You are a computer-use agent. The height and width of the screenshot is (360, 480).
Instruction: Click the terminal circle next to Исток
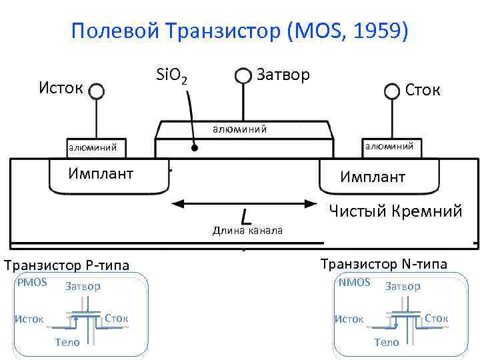point(97,91)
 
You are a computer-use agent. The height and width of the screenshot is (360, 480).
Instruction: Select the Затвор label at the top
point(283,74)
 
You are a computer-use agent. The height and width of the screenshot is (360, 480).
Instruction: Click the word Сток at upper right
point(423,89)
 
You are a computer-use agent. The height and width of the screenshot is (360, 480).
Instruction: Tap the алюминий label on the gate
point(239,129)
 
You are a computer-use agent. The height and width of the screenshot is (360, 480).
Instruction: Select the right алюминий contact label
point(388,145)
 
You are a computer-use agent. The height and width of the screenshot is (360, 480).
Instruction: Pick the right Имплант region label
point(373,177)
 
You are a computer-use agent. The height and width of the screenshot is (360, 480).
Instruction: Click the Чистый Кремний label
point(396,211)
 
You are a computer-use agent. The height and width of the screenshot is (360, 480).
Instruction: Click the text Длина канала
point(247,231)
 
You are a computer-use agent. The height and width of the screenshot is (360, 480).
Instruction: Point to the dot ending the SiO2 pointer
point(194,148)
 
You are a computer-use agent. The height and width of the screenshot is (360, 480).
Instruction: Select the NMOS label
point(355,282)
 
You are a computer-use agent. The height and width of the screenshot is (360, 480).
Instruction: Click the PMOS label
point(33,282)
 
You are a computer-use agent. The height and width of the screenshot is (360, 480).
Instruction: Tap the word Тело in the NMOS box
point(387,342)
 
